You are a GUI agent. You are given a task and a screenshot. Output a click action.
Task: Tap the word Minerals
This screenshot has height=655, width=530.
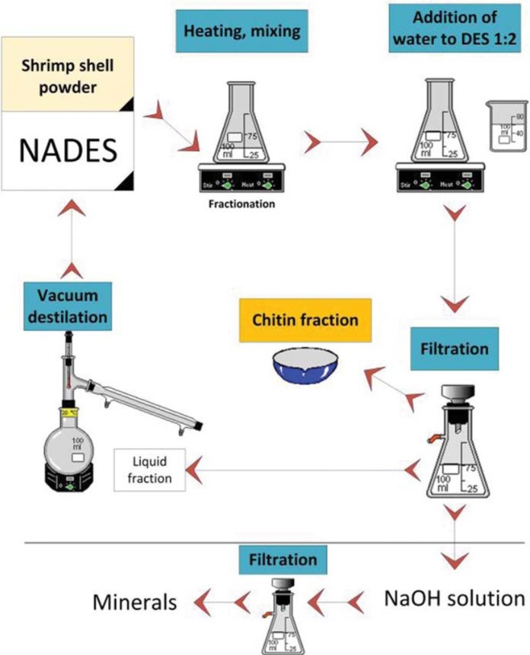135,602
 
